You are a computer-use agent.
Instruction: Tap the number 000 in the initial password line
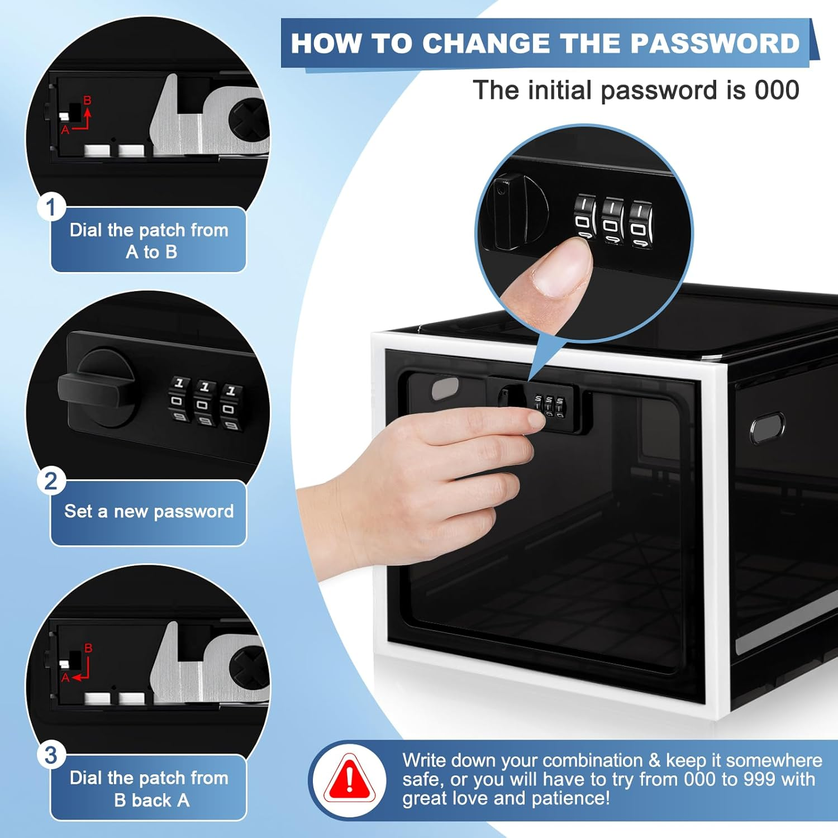(x=777, y=90)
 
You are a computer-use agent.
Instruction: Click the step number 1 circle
(x=51, y=207)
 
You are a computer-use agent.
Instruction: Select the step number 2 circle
(x=51, y=481)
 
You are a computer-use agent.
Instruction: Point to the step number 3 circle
(x=51, y=755)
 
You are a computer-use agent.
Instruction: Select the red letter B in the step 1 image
(x=87, y=101)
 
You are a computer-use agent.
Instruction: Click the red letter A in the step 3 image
(x=65, y=678)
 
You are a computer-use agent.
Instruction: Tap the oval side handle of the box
(x=766, y=428)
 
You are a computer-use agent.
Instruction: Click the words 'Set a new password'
(x=149, y=511)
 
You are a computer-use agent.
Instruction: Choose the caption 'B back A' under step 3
(x=151, y=800)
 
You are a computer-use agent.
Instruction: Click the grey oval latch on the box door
(x=445, y=387)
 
